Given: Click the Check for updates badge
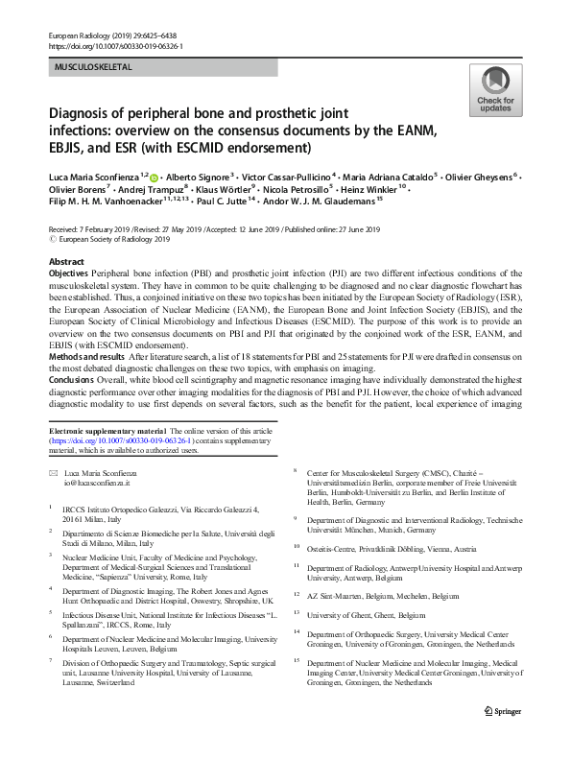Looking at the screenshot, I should coord(496,93).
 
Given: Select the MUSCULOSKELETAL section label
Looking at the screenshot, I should coord(93,67).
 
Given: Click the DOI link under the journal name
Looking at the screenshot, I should coord(115,45).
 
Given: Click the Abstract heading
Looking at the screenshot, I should coord(66,261).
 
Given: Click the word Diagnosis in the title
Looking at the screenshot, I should coord(84,112).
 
